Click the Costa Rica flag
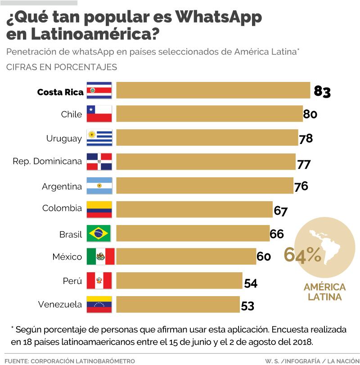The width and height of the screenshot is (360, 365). [99, 90]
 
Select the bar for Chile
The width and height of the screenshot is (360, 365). [209, 114]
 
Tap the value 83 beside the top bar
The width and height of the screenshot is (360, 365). [322, 91]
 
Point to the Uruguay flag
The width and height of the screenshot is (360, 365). [99, 138]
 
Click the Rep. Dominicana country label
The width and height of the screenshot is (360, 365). [47, 161]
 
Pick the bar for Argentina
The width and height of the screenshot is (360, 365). [205, 186]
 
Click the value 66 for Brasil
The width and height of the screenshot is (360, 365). [277, 234]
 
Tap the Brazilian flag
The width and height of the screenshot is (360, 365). [99, 233]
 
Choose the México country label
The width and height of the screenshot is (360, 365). [67, 257]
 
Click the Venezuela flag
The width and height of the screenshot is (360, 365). [99, 305]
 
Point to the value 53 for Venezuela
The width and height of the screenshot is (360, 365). [247, 306]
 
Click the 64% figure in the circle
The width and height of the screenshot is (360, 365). [302, 255]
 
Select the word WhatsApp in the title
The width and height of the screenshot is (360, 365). [218, 18]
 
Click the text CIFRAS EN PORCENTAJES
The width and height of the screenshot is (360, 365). [62, 67]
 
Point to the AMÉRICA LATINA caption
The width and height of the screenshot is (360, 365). [324, 292]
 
